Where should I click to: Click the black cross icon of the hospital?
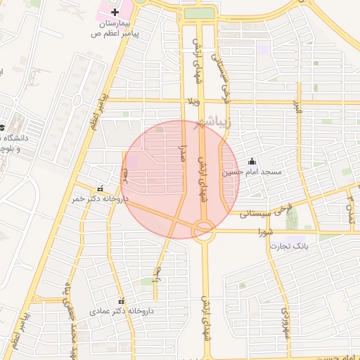click(115, 12)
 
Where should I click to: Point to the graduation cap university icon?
click(2, 127)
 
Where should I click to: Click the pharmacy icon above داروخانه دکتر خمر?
click(100, 188)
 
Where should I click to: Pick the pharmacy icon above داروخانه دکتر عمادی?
click(121, 300)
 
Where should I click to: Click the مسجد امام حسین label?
click(252, 172)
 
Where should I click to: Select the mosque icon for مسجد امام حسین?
click(252, 161)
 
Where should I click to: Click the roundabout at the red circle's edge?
click(204, 227)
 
